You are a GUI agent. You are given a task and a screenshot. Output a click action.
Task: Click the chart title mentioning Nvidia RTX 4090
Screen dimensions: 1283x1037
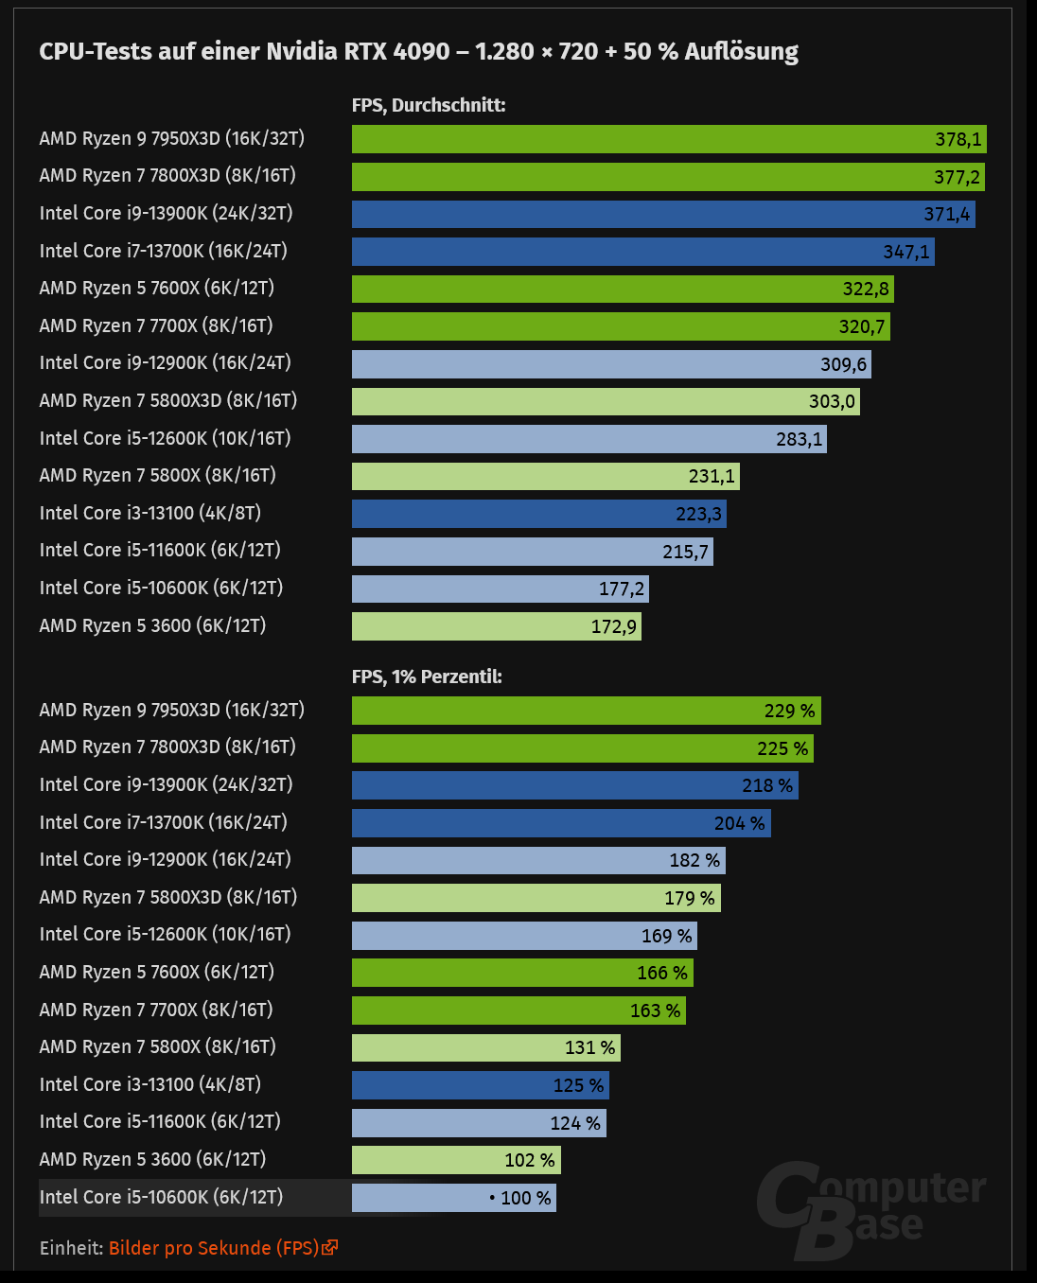point(418,51)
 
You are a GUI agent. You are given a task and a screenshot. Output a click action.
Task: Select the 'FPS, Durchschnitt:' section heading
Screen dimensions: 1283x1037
point(429,105)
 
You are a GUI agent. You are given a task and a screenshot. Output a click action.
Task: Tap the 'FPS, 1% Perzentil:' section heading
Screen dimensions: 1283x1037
point(427,677)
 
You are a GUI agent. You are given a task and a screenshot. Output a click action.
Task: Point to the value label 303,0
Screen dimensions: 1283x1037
point(832,401)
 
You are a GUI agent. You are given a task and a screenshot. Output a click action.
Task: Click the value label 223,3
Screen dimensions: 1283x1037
point(698,514)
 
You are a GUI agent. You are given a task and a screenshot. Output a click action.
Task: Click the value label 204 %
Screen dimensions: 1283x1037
point(739,823)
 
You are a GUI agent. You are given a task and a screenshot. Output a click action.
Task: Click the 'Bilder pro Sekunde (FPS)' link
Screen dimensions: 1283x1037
point(214,1248)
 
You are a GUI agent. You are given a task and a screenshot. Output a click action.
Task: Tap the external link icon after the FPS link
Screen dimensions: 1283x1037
point(330,1248)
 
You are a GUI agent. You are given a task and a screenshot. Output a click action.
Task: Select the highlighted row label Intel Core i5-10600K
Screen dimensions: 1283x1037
point(161,1197)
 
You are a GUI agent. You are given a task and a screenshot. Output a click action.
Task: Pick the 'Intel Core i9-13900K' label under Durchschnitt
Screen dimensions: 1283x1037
point(166,213)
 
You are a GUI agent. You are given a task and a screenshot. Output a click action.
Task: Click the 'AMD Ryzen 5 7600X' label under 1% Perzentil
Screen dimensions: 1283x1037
point(156,972)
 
